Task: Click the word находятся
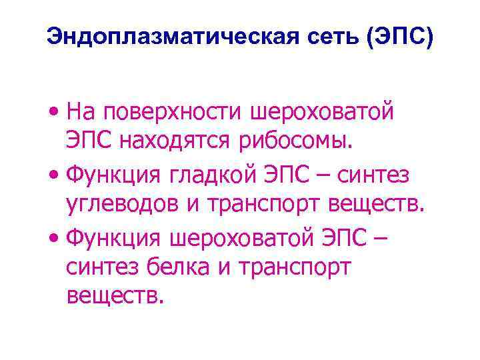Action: tap(191, 141)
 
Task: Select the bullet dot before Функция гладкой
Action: tap(55, 175)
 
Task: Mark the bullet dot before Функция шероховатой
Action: tap(55, 237)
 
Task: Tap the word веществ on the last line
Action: tap(114, 296)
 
